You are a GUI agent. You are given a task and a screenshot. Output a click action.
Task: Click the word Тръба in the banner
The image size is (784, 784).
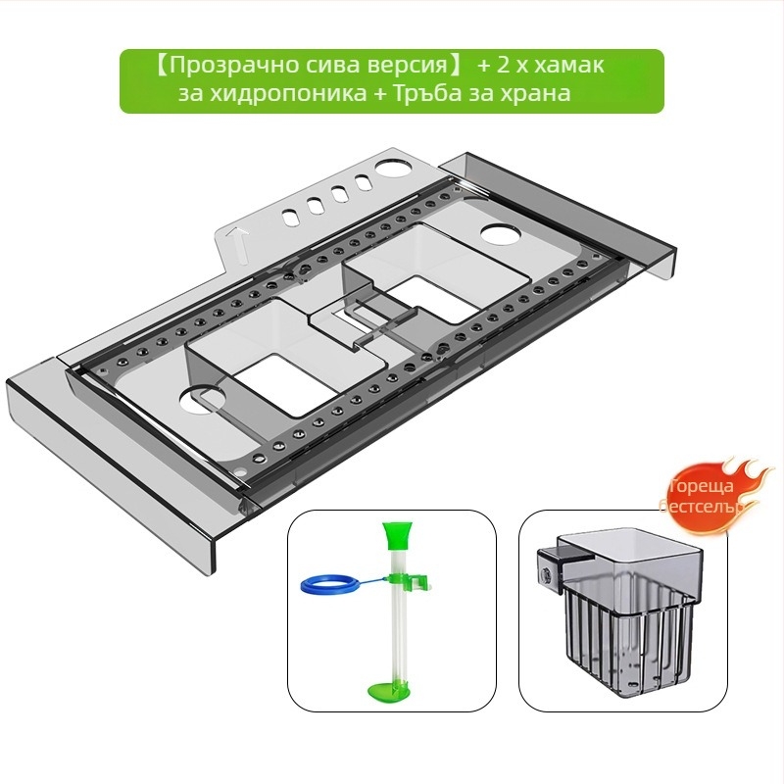point(425,92)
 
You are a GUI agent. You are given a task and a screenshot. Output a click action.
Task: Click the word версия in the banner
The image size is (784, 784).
point(404,66)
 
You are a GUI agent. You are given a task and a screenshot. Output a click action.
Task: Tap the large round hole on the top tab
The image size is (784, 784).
point(391,169)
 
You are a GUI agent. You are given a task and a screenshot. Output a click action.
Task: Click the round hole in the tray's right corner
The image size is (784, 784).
point(501,235)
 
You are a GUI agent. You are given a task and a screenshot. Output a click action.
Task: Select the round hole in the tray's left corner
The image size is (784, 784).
point(201,399)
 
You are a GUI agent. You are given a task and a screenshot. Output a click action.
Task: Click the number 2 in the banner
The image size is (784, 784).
point(502,66)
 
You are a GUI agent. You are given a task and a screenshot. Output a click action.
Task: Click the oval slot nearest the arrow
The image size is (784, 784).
point(290,218)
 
